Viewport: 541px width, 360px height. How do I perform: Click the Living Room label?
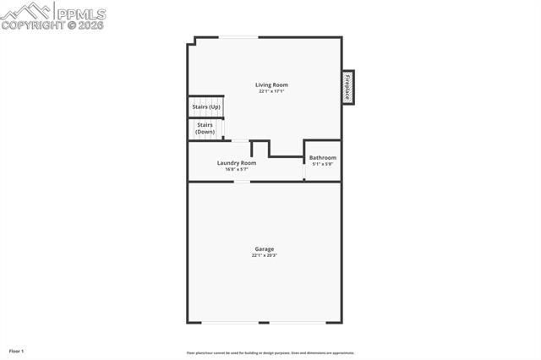pos(272,85)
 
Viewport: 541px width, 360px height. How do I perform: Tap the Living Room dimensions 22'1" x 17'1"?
pos(272,91)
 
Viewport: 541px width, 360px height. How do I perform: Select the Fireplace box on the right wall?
pos(347,87)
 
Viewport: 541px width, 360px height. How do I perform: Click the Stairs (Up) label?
pos(206,107)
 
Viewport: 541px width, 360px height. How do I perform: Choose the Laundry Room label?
pos(236,162)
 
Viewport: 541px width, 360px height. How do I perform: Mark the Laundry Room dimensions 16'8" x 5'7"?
pos(236,169)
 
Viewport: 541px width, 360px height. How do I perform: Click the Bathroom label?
pos(322,158)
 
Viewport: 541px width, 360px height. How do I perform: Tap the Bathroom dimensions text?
pos(322,164)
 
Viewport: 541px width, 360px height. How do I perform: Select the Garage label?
pos(265,248)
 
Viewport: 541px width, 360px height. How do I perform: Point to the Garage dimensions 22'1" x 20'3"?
pos(265,255)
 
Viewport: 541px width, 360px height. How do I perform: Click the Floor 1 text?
pos(17,350)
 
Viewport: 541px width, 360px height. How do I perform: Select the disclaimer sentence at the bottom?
pos(270,352)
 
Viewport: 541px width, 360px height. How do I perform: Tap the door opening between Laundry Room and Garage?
pos(242,181)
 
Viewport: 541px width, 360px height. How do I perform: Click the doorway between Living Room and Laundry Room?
pos(240,140)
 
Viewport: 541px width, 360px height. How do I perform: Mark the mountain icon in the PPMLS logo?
pos(26,11)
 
